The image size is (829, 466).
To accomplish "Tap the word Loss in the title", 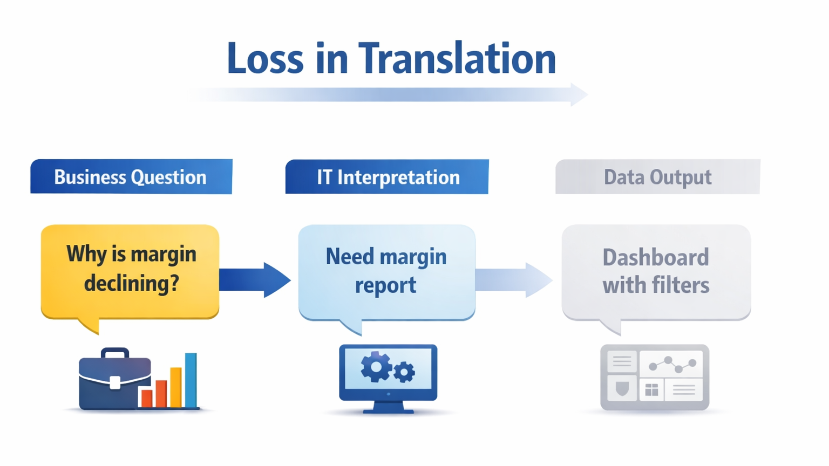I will tap(265, 58).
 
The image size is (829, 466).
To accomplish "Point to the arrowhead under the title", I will tap(579, 94).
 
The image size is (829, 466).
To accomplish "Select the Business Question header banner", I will tap(131, 177).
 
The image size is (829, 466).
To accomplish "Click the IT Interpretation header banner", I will tap(387, 177).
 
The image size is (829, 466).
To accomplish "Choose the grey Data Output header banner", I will tap(657, 177).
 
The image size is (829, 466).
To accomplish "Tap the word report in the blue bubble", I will tap(385, 285).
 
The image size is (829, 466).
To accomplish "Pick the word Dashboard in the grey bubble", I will tap(655, 257).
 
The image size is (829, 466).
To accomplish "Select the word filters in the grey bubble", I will tap(681, 285).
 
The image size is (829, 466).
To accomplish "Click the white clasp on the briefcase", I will tap(115, 382).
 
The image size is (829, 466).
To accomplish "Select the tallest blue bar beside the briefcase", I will tap(191, 380).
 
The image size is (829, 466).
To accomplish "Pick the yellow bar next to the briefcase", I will tap(176, 387).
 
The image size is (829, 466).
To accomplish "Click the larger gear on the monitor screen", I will tap(376, 367).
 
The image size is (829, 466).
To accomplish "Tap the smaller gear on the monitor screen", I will tap(404, 372).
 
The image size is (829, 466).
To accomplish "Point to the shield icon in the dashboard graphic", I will tap(622, 389).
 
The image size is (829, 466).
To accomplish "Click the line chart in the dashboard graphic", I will tap(672, 365).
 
